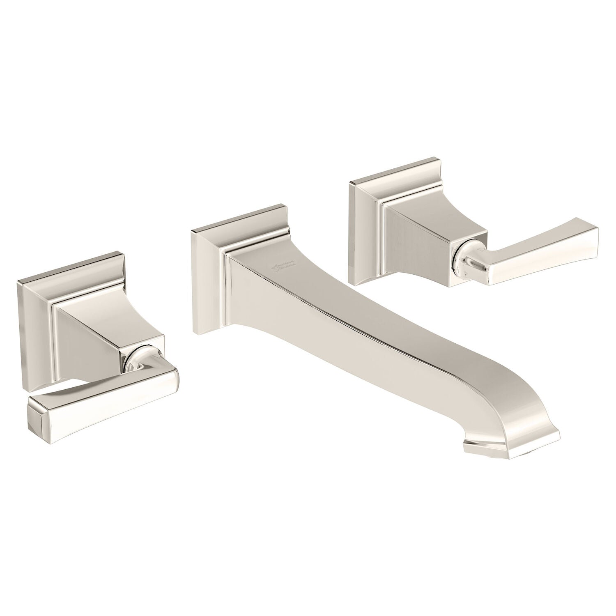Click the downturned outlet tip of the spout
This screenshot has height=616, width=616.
click(x=511, y=446)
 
